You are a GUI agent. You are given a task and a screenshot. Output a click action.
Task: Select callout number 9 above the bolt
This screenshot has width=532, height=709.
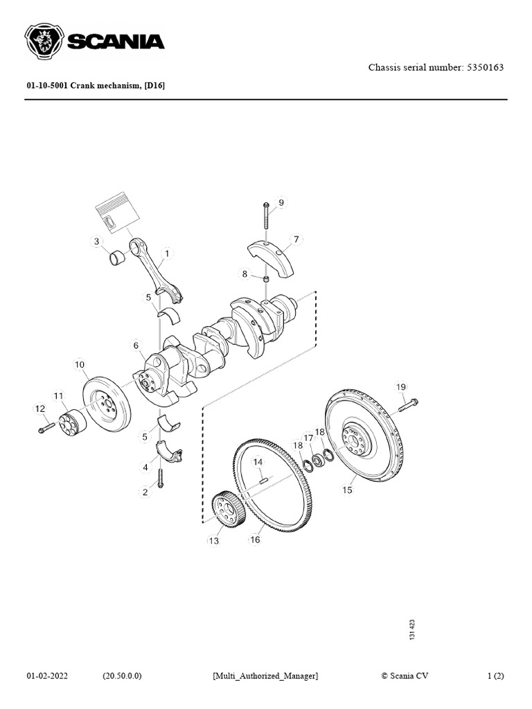pos(281,203)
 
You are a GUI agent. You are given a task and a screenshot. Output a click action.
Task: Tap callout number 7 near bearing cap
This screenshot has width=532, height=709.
pos(296,240)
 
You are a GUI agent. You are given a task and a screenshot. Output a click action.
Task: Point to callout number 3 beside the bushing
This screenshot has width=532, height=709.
pos(96,242)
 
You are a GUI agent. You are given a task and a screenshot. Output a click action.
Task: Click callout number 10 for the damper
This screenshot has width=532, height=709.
pos(80,364)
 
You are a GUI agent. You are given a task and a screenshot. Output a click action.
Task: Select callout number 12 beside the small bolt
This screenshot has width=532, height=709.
pos(39,409)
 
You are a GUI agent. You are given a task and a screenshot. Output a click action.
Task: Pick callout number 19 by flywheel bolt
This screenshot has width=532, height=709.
pos(400,386)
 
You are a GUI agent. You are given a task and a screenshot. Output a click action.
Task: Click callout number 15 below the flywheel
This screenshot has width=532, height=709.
pos(347,490)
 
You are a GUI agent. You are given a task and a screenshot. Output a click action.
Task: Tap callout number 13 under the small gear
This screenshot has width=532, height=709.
pos(214,540)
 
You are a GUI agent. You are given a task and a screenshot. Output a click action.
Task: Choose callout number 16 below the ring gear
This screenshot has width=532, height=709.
pos(255,539)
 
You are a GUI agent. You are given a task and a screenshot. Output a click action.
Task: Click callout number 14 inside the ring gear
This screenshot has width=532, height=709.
pos(258,462)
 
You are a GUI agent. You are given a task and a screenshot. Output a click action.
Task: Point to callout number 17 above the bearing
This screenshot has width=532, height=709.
pos(309,438)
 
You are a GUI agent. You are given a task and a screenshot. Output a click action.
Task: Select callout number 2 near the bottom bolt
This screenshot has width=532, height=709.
pos(145,492)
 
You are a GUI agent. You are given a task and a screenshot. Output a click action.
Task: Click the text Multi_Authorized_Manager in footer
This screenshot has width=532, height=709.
pos(265,675)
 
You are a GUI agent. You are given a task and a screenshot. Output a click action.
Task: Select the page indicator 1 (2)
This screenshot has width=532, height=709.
pos(497,675)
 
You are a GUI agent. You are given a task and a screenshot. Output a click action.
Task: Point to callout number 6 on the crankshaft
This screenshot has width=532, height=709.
pos(136,345)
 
